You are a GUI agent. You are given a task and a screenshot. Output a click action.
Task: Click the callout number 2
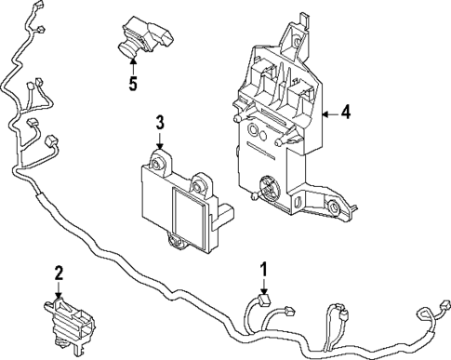tap(59, 273)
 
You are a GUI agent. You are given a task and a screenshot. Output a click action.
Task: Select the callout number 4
tap(345, 113)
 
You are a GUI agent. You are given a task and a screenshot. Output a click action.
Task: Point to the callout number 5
tap(133, 84)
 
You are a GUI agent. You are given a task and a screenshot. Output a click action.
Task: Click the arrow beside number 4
tap(326, 113)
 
